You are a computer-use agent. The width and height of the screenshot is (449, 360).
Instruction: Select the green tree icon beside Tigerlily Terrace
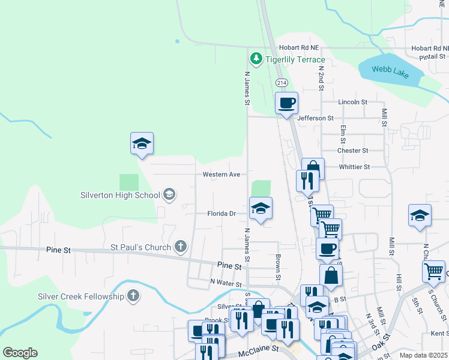coord(256,59)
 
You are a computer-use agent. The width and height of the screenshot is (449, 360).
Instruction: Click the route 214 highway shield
coord(281,82)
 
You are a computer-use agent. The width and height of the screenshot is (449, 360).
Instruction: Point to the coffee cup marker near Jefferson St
coord(286,103)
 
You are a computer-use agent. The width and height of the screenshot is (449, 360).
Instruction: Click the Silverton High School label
coord(121,195)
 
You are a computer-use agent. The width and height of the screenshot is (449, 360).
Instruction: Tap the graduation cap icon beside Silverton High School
coord(169,194)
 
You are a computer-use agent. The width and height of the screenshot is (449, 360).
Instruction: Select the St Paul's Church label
coord(140,246)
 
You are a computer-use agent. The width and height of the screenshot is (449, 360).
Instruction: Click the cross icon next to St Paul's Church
coord(180,246)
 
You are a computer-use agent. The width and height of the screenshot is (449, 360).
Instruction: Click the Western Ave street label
coord(221,175)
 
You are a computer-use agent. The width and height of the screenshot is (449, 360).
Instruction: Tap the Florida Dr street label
coord(221,214)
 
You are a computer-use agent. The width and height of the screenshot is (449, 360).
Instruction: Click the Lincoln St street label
coord(352,102)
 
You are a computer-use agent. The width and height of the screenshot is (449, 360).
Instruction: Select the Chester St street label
coord(352,151)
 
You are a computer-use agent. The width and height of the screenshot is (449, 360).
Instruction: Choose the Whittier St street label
coord(354,167)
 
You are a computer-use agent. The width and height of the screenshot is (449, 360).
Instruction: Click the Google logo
coord(20,353)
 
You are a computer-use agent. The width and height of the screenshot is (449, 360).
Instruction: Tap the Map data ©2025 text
coord(423,355)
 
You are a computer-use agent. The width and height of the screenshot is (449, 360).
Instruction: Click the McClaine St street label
coord(259,348)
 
